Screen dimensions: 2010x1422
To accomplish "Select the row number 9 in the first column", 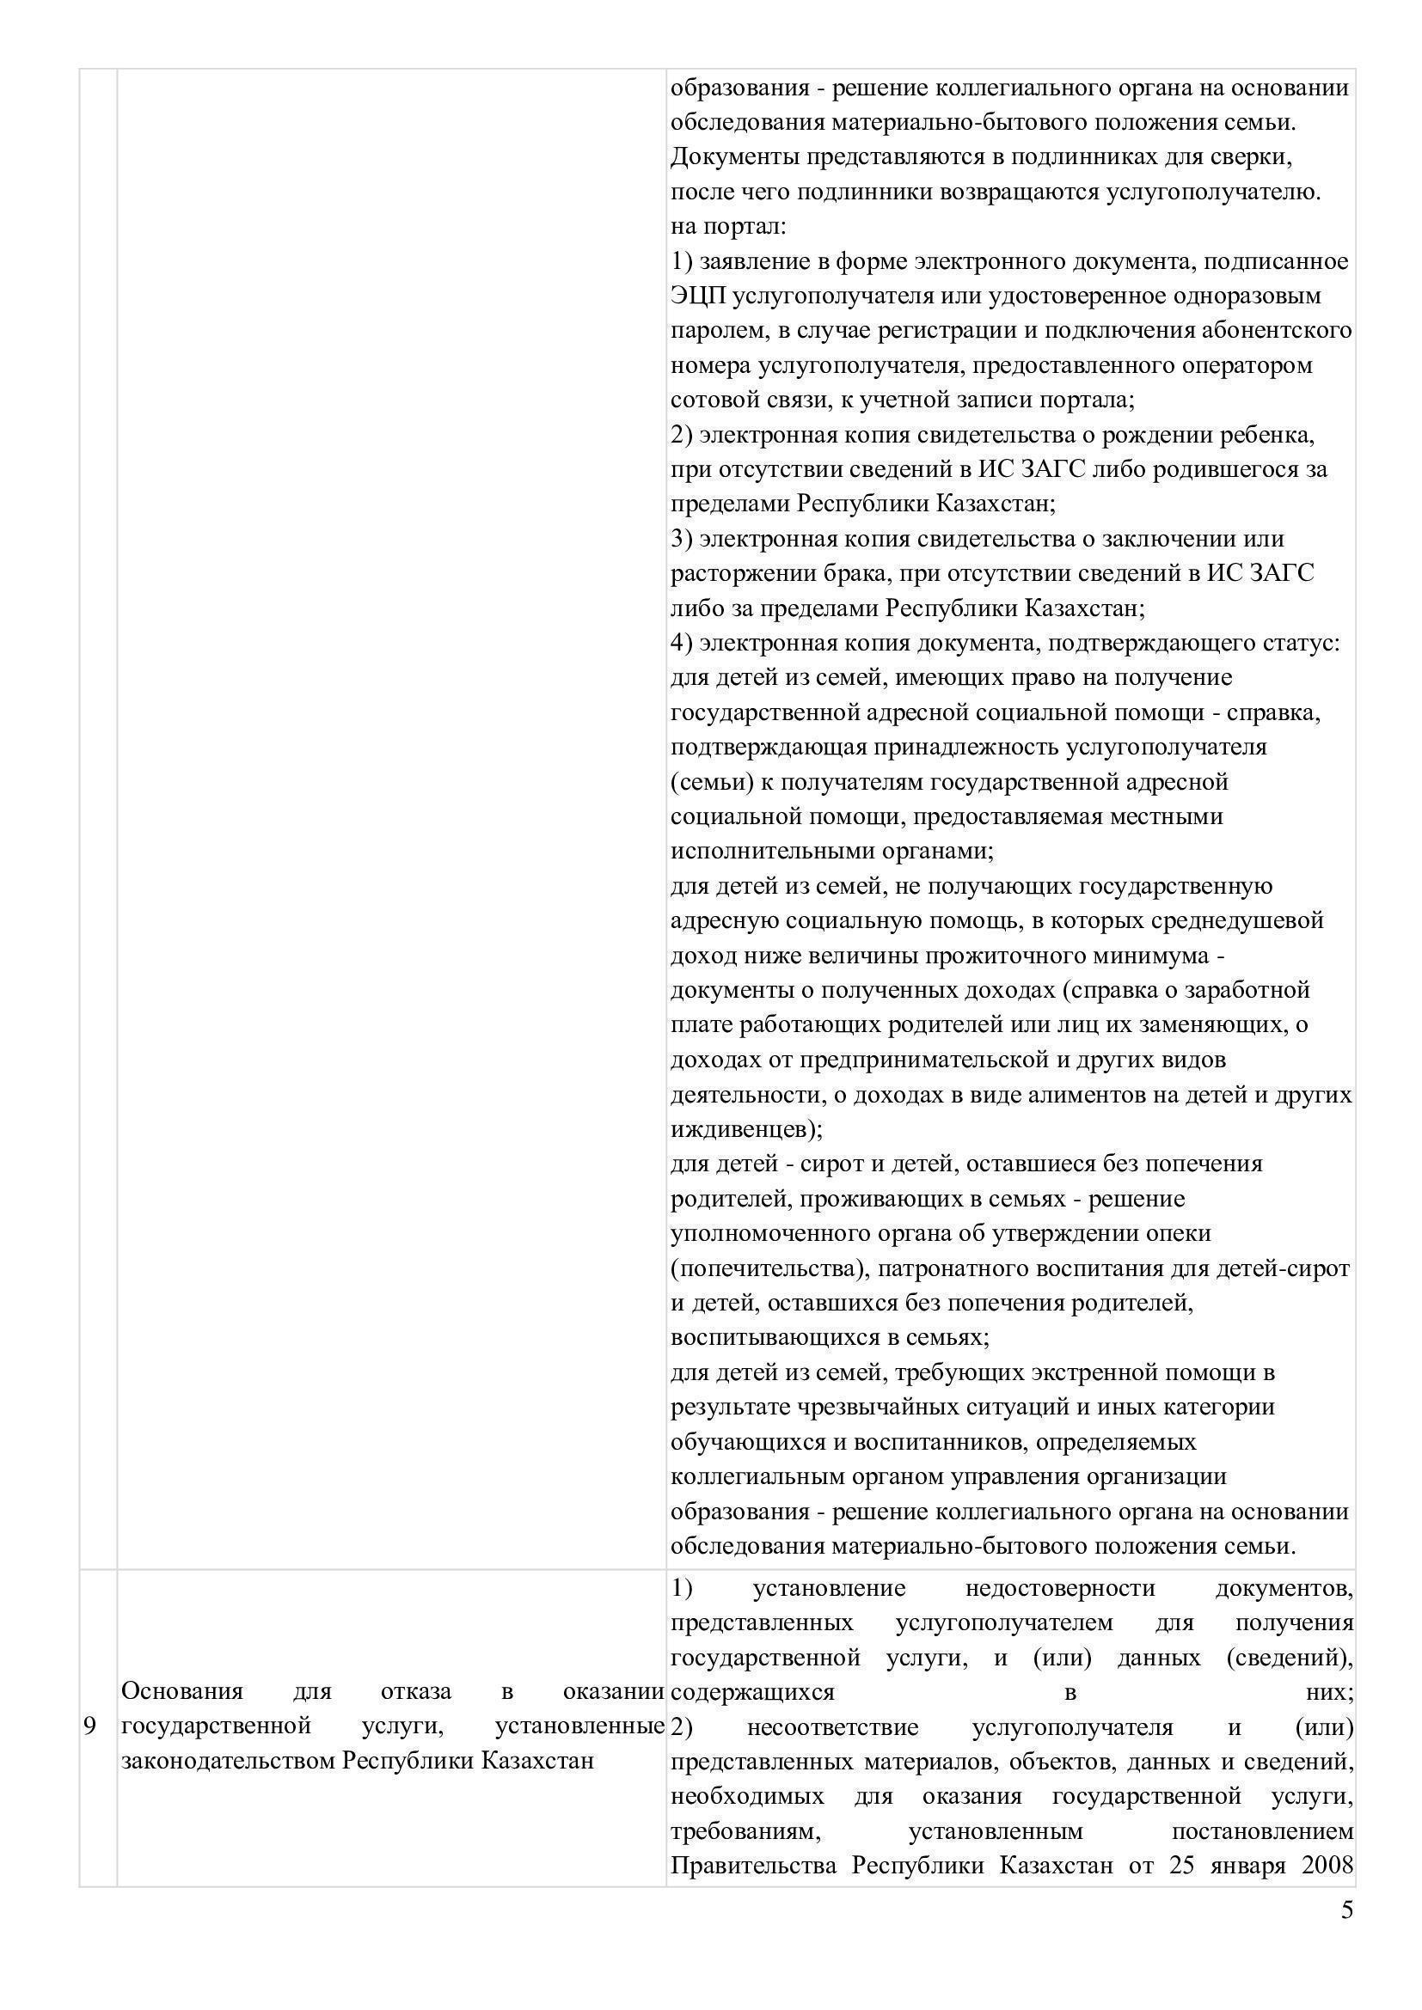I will [x=89, y=1726].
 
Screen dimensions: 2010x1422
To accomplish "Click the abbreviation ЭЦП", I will [x=698, y=296].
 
